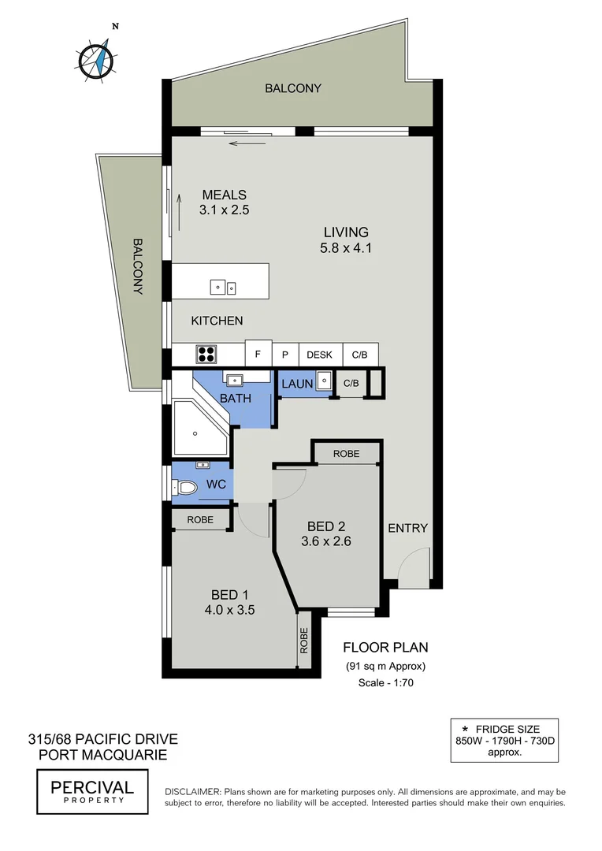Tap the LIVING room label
[x=346, y=232]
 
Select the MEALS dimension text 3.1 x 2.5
[x=225, y=210]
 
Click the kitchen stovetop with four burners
[x=206, y=353]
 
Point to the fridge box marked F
[x=258, y=354]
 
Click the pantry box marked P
[x=285, y=355]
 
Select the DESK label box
[x=319, y=355]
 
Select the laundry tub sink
[x=324, y=384]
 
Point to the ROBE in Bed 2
[x=346, y=454]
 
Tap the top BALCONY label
[x=292, y=88]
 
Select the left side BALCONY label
[x=138, y=266]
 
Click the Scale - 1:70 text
[x=385, y=683]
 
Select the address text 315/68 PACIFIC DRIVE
[x=103, y=739]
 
